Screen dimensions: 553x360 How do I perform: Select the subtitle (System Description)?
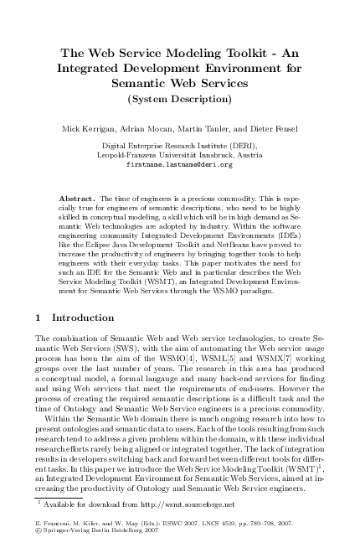180,101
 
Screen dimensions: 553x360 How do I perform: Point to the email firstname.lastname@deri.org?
179,164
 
